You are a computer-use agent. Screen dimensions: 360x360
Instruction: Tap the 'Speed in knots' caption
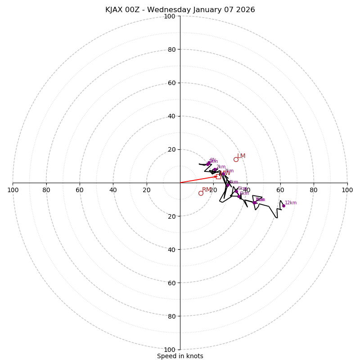pyautogui.click(x=180, y=356)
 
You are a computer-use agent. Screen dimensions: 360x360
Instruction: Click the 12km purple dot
pyautogui.click(x=283, y=206)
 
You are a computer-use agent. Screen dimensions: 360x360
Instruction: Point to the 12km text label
pyautogui.click(x=291, y=202)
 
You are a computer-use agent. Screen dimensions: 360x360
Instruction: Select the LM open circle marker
pyautogui.click(x=236, y=159)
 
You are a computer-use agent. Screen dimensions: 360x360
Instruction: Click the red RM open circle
pyautogui.click(x=201, y=193)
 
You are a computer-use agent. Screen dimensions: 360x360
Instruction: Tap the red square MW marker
pyautogui.click(x=218, y=176)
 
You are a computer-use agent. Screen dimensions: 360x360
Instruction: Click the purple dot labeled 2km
pyautogui.click(x=215, y=170)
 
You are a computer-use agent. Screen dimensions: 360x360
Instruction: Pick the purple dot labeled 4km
pyautogui.click(x=228, y=185)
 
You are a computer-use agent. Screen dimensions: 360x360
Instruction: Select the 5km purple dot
pyautogui.click(x=236, y=191)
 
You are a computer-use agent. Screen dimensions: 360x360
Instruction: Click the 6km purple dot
pyautogui.click(x=239, y=196)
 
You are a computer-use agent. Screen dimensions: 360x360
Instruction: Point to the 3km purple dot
pyautogui.click(x=223, y=174)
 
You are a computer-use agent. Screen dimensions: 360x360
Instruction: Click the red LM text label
pyautogui.click(x=241, y=156)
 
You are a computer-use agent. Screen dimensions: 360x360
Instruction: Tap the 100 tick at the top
pyautogui.click(x=170, y=16)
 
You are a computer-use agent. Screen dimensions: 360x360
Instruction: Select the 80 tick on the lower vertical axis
pyautogui.click(x=171, y=316)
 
